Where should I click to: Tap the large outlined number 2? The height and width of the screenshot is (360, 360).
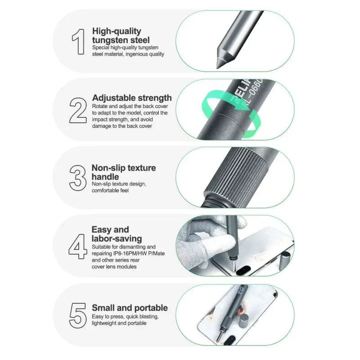tap(78, 110)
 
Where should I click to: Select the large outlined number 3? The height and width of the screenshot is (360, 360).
tap(77, 178)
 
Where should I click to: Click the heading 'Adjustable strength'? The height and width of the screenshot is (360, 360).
tap(132, 98)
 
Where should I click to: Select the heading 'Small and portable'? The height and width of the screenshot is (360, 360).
tap(130, 308)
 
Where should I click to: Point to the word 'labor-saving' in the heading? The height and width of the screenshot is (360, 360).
tap(117, 238)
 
